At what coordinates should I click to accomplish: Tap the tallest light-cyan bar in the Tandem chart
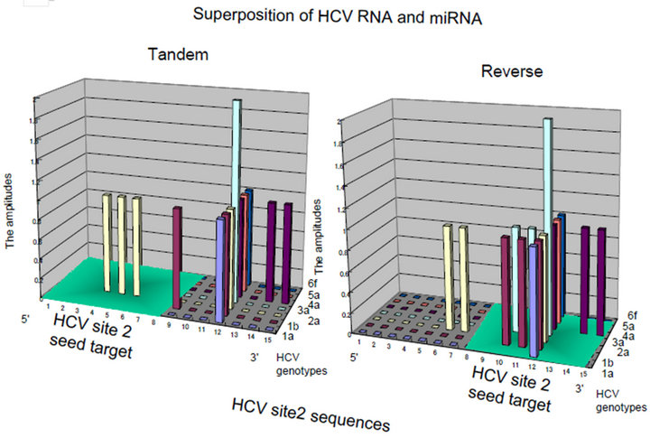point(237,181)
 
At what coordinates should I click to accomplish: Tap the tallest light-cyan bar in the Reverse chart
point(547,208)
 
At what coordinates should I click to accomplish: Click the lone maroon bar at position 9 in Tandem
point(178,248)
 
